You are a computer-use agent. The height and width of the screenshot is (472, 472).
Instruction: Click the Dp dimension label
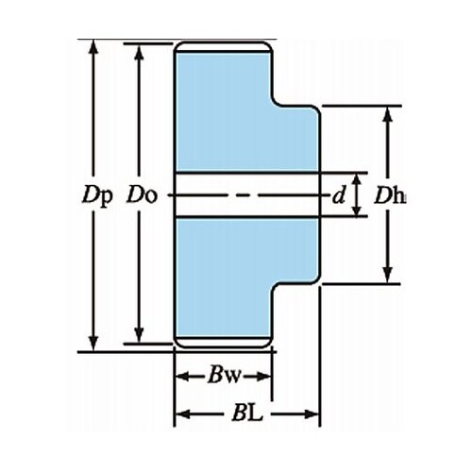96,195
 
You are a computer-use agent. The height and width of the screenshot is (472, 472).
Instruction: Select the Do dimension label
142,195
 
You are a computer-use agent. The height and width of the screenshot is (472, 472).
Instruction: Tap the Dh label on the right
390,196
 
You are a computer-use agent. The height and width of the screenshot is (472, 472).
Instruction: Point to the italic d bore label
339,196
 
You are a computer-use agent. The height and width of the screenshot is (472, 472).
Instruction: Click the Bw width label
224,376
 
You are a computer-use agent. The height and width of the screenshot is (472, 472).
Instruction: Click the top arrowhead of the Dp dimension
93,47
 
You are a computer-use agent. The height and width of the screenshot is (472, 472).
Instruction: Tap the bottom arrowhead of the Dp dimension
93,343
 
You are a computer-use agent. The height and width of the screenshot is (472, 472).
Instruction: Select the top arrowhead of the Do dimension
139,51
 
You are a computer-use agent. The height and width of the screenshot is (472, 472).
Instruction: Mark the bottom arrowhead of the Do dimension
139,335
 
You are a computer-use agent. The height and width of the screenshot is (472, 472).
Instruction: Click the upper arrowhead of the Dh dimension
388,114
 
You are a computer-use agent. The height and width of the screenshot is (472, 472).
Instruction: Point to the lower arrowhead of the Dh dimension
388,275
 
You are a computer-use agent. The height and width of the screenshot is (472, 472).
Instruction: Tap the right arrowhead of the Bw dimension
263,376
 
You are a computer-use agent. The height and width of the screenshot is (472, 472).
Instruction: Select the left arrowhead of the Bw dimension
183,376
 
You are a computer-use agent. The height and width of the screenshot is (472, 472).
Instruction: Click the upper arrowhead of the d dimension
357,180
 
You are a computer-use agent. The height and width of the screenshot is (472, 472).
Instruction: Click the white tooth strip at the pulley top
224,46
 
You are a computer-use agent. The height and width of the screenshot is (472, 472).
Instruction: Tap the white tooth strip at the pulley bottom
224,342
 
